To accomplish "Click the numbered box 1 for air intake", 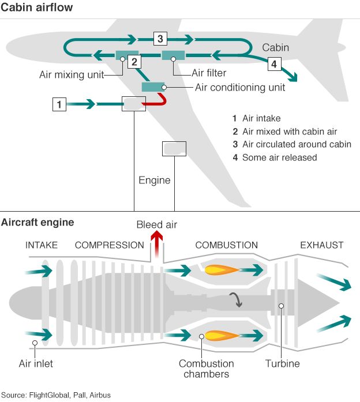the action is (x=59, y=104).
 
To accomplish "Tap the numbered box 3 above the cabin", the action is (x=160, y=39).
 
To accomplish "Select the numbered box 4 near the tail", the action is (x=274, y=64).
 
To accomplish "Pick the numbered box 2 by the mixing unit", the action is (x=134, y=62).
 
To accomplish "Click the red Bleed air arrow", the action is (x=157, y=244).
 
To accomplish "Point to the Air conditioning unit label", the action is (x=240, y=88).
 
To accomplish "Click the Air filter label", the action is (x=209, y=73).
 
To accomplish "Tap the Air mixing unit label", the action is (x=72, y=74).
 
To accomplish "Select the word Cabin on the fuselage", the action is (x=275, y=47).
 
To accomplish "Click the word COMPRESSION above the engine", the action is (x=110, y=245).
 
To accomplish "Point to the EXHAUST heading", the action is (x=322, y=245).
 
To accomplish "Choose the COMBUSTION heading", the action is (x=226, y=245).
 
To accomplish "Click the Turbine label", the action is (x=282, y=363).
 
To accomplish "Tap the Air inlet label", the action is (x=36, y=363).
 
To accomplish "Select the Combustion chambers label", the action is (x=207, y=369).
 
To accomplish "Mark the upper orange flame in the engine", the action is (x=222, y=270).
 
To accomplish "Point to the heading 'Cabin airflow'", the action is (x=37, y=7).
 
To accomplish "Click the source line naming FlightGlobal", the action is (x=56, y=395).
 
